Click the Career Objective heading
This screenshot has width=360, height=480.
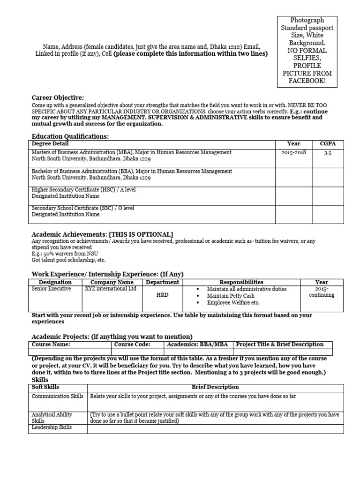pos(58,97)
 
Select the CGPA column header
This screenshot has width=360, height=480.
pos(327,144)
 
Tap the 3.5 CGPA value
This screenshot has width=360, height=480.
pos(327,153)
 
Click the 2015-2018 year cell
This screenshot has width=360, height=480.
pos(294,153)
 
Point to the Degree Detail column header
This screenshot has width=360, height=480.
pos(50,144)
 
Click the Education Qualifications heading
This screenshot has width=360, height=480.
pos(70,136)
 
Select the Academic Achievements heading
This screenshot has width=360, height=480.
pos(102,234)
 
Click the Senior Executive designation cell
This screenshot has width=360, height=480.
pos(51,289)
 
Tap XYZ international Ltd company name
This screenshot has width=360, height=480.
pos(111,289)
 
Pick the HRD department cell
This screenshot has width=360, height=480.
pos(162,296)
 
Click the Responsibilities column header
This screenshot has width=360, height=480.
pos(241,282)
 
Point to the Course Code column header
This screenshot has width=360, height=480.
pos(132,344)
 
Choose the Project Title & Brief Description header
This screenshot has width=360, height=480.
pos(280,344)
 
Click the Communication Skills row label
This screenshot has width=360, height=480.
pos(58,397)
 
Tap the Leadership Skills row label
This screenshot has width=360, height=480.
pos(52,428)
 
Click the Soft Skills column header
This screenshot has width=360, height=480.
pos(45,387)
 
